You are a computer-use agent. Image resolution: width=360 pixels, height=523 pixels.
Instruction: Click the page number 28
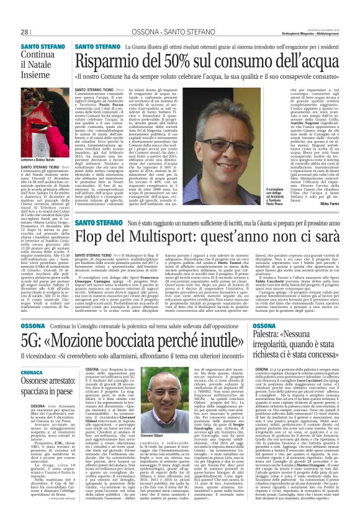click(25, 14)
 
